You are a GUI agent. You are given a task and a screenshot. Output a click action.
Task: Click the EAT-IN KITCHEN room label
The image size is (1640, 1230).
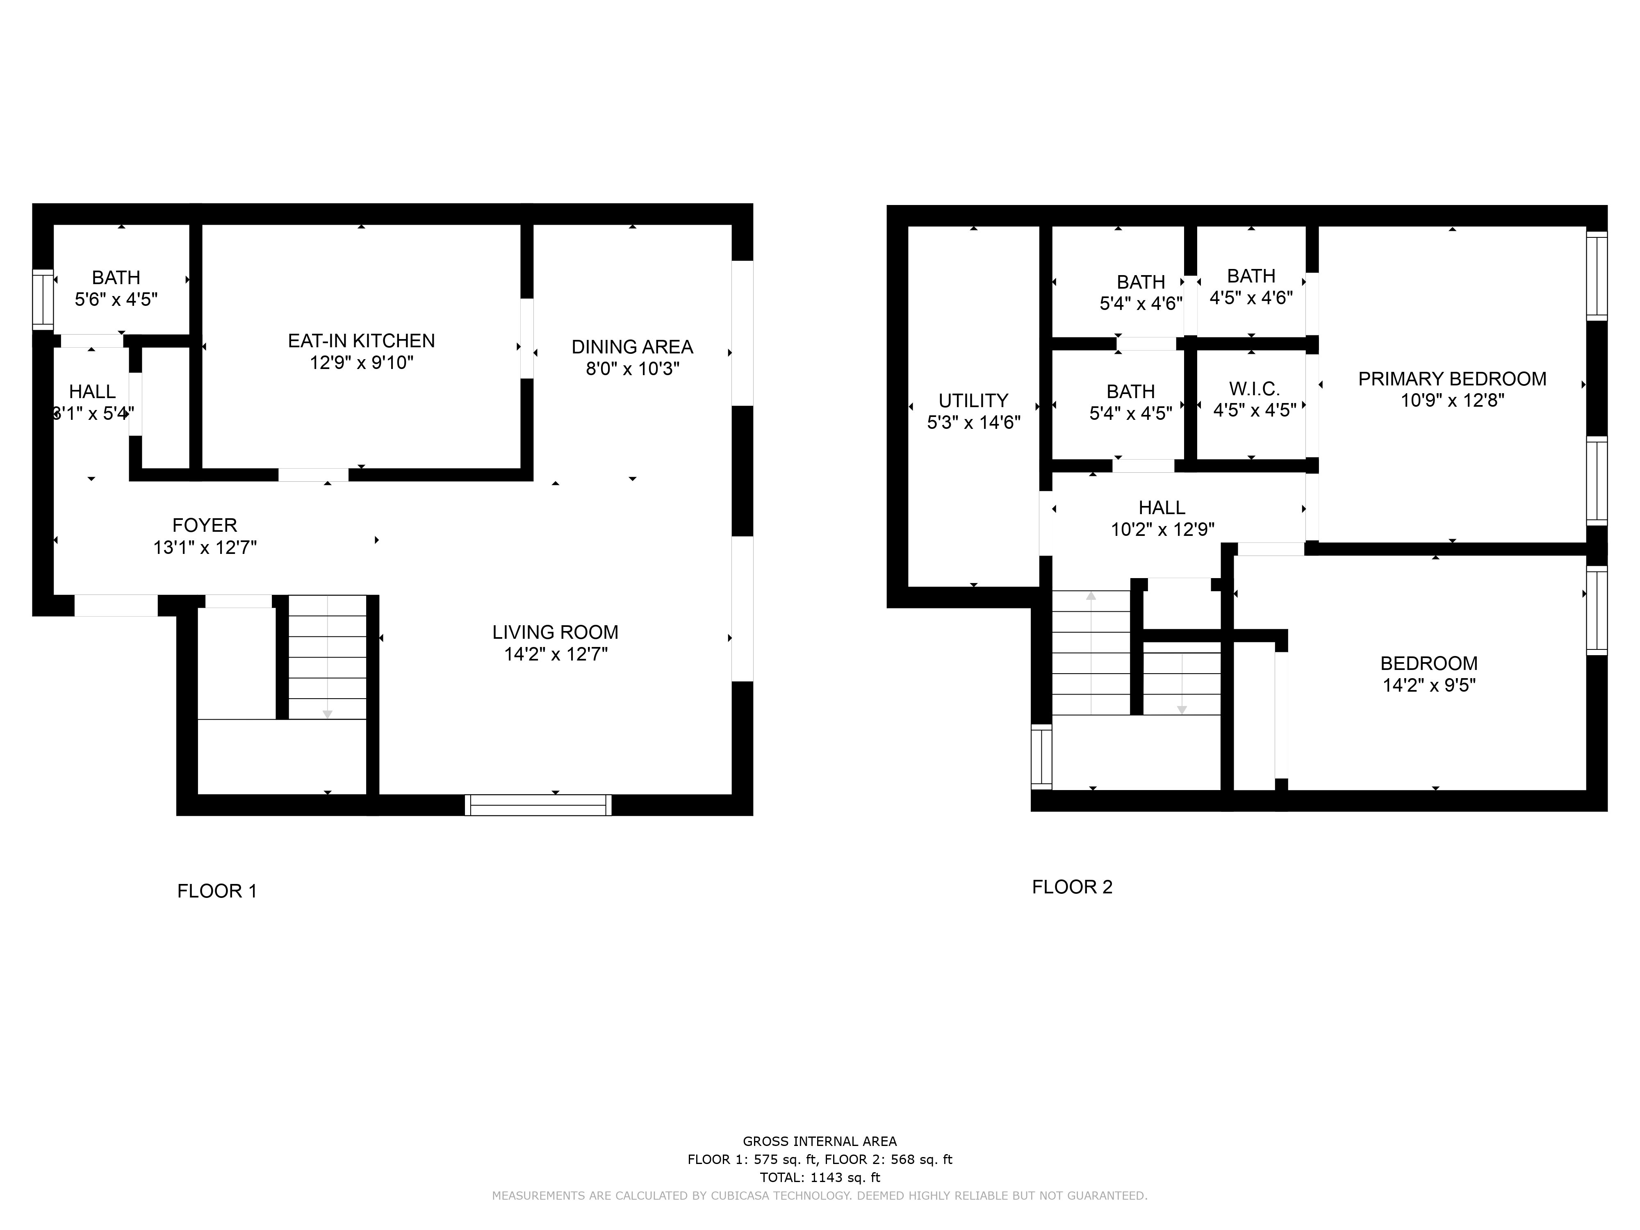pos(361,341)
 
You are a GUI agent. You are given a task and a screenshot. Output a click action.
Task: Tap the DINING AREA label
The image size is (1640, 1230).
pos(632,347)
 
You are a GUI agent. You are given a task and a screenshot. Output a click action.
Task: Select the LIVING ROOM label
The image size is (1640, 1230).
pos(555,632)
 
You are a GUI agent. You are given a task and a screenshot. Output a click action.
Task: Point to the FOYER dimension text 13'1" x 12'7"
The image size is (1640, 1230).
pos(205,548)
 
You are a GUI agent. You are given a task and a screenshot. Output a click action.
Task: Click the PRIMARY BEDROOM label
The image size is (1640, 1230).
pos(1452,379)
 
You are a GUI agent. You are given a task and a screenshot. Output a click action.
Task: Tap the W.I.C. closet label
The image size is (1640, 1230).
pos(1255,389)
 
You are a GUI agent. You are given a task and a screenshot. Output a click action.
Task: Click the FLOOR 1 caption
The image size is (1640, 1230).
pos(217,891)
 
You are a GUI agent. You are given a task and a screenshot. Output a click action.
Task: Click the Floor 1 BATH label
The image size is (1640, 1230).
pos(116,277)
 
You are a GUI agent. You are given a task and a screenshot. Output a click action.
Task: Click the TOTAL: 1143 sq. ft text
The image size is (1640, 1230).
pos(820,1178)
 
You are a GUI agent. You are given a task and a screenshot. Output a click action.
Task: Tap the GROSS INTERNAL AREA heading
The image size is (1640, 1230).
pos(820,1142)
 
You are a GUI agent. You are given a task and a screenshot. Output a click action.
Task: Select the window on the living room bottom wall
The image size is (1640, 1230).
pos(538,805)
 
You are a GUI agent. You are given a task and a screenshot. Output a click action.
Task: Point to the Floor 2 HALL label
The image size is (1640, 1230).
pos(1162,508)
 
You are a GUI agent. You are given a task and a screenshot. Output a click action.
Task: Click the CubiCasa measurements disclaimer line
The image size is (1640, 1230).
pos(820,1195)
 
